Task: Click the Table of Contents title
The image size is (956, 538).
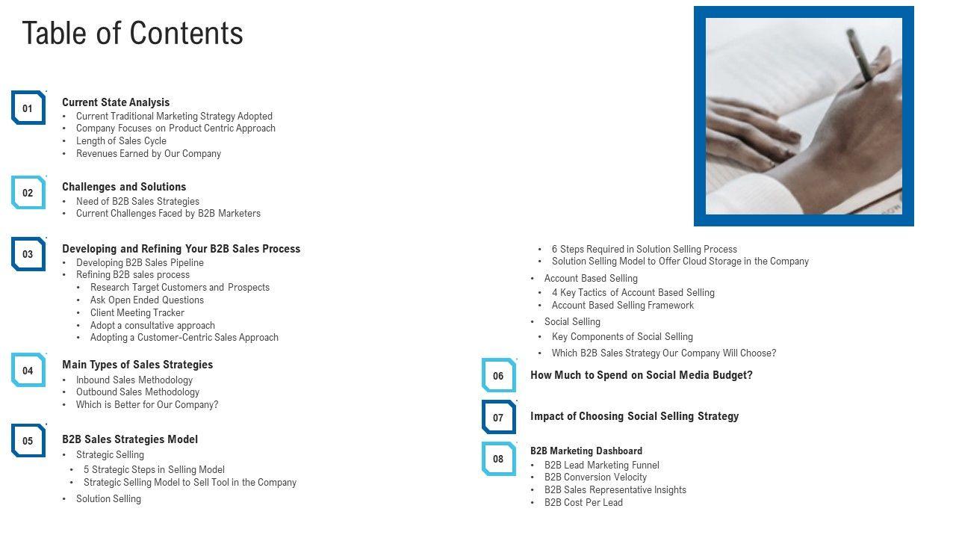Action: tap(133, 34)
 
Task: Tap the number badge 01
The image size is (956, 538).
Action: tap(28, 108)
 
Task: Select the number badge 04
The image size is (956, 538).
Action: tap(28, 371)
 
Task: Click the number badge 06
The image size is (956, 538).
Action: tap(498, 376)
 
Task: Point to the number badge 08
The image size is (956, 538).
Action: tap(498, 459)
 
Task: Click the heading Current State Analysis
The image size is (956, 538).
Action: tap(116, 102)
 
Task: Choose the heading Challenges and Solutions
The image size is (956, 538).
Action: tap(124, 187)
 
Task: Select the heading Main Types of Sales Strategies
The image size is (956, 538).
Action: tap(137, 365)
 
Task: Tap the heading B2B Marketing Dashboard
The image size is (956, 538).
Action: tap(586, 451)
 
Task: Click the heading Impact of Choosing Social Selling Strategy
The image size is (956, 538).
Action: tap(634, 416)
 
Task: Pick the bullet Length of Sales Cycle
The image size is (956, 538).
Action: tap(121, 141)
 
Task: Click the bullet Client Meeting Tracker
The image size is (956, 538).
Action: tap(137, 313)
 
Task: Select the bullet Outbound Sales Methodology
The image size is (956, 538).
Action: tap(137, 392)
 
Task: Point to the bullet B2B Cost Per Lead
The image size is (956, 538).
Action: tap(583, 503)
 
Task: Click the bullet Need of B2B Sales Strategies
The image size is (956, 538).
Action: tap(137, 202)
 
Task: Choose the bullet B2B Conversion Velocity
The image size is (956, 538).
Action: tap(595, 477)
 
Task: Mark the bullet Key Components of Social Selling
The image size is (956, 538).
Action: tap(622, 337)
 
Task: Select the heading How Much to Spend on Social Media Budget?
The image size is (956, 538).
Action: tap(642, 375)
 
